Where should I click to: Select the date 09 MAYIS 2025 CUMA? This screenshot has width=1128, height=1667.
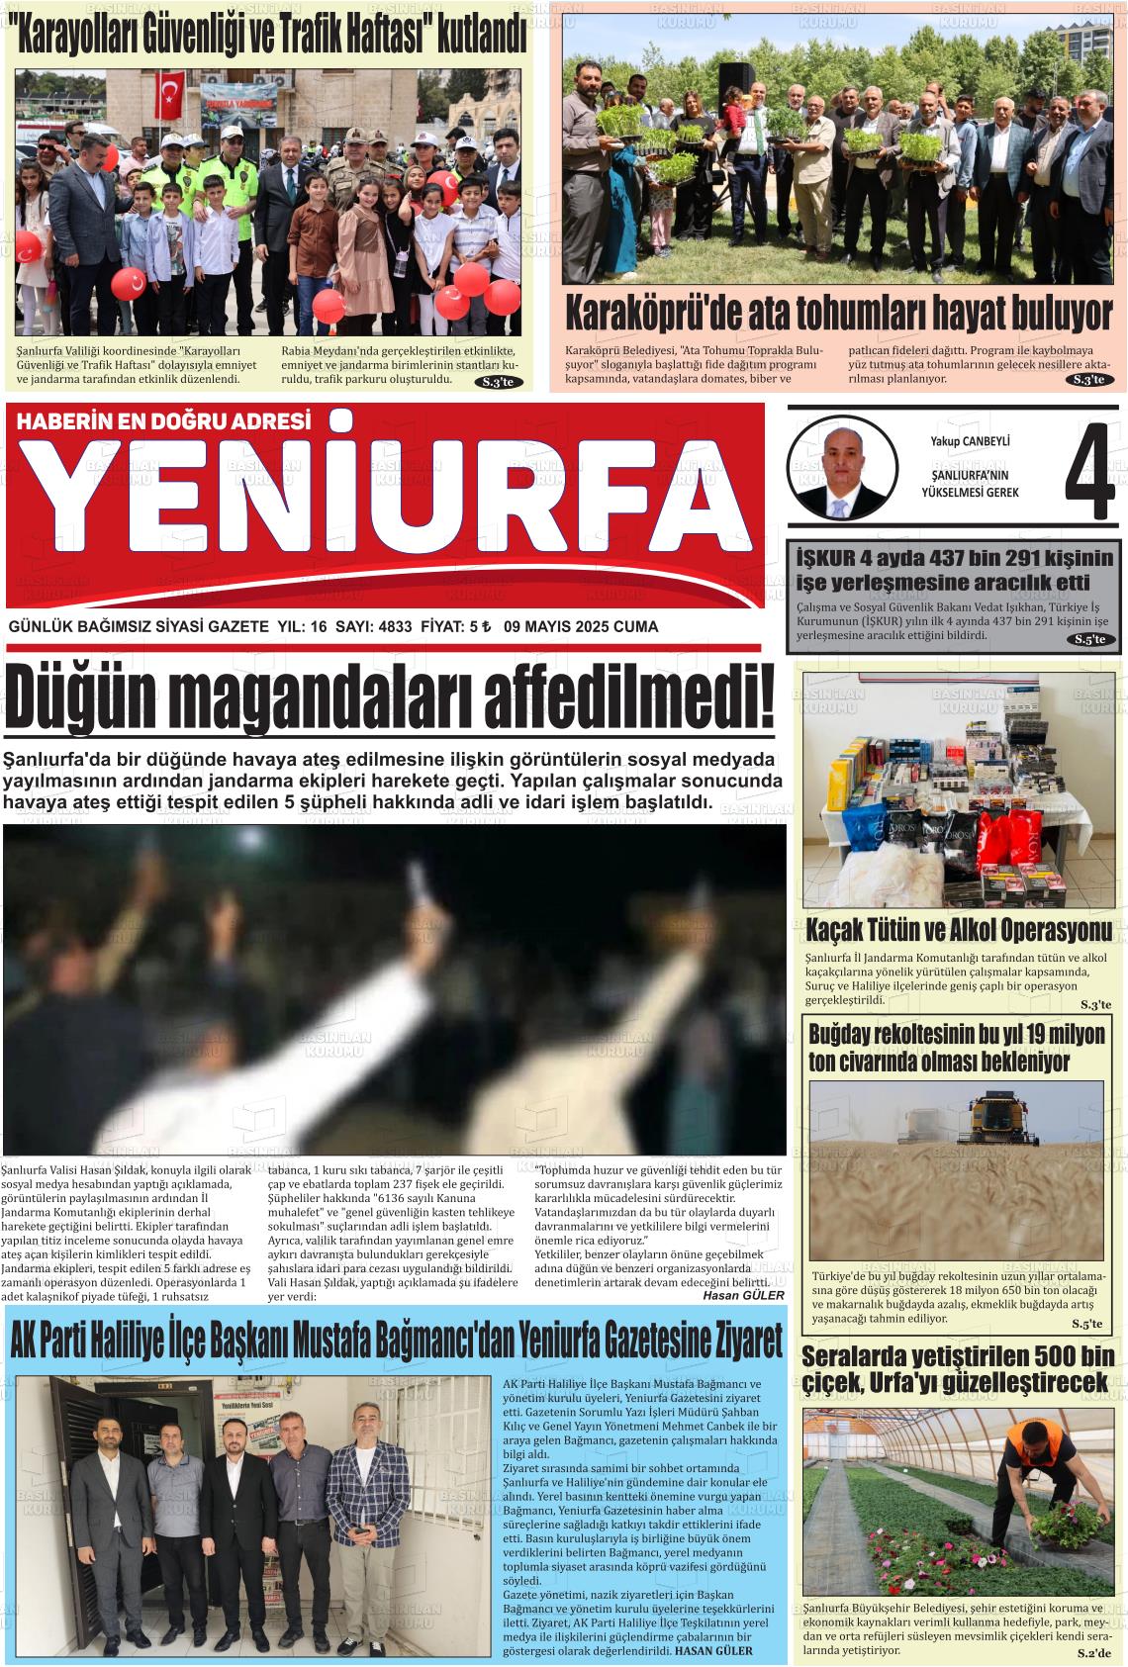click(x=580, y=626)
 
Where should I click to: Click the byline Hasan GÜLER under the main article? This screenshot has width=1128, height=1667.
click(x=742, y=1295)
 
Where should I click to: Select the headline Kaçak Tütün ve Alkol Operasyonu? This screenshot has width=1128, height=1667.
click(x=959, y=931)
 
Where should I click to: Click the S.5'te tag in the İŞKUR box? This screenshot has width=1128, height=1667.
click(x=1094, y=640)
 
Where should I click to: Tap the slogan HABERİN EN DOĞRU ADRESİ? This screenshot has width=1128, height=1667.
click(x=164, y=420)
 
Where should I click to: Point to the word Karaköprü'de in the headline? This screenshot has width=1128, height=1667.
click(x=653, y=314)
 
